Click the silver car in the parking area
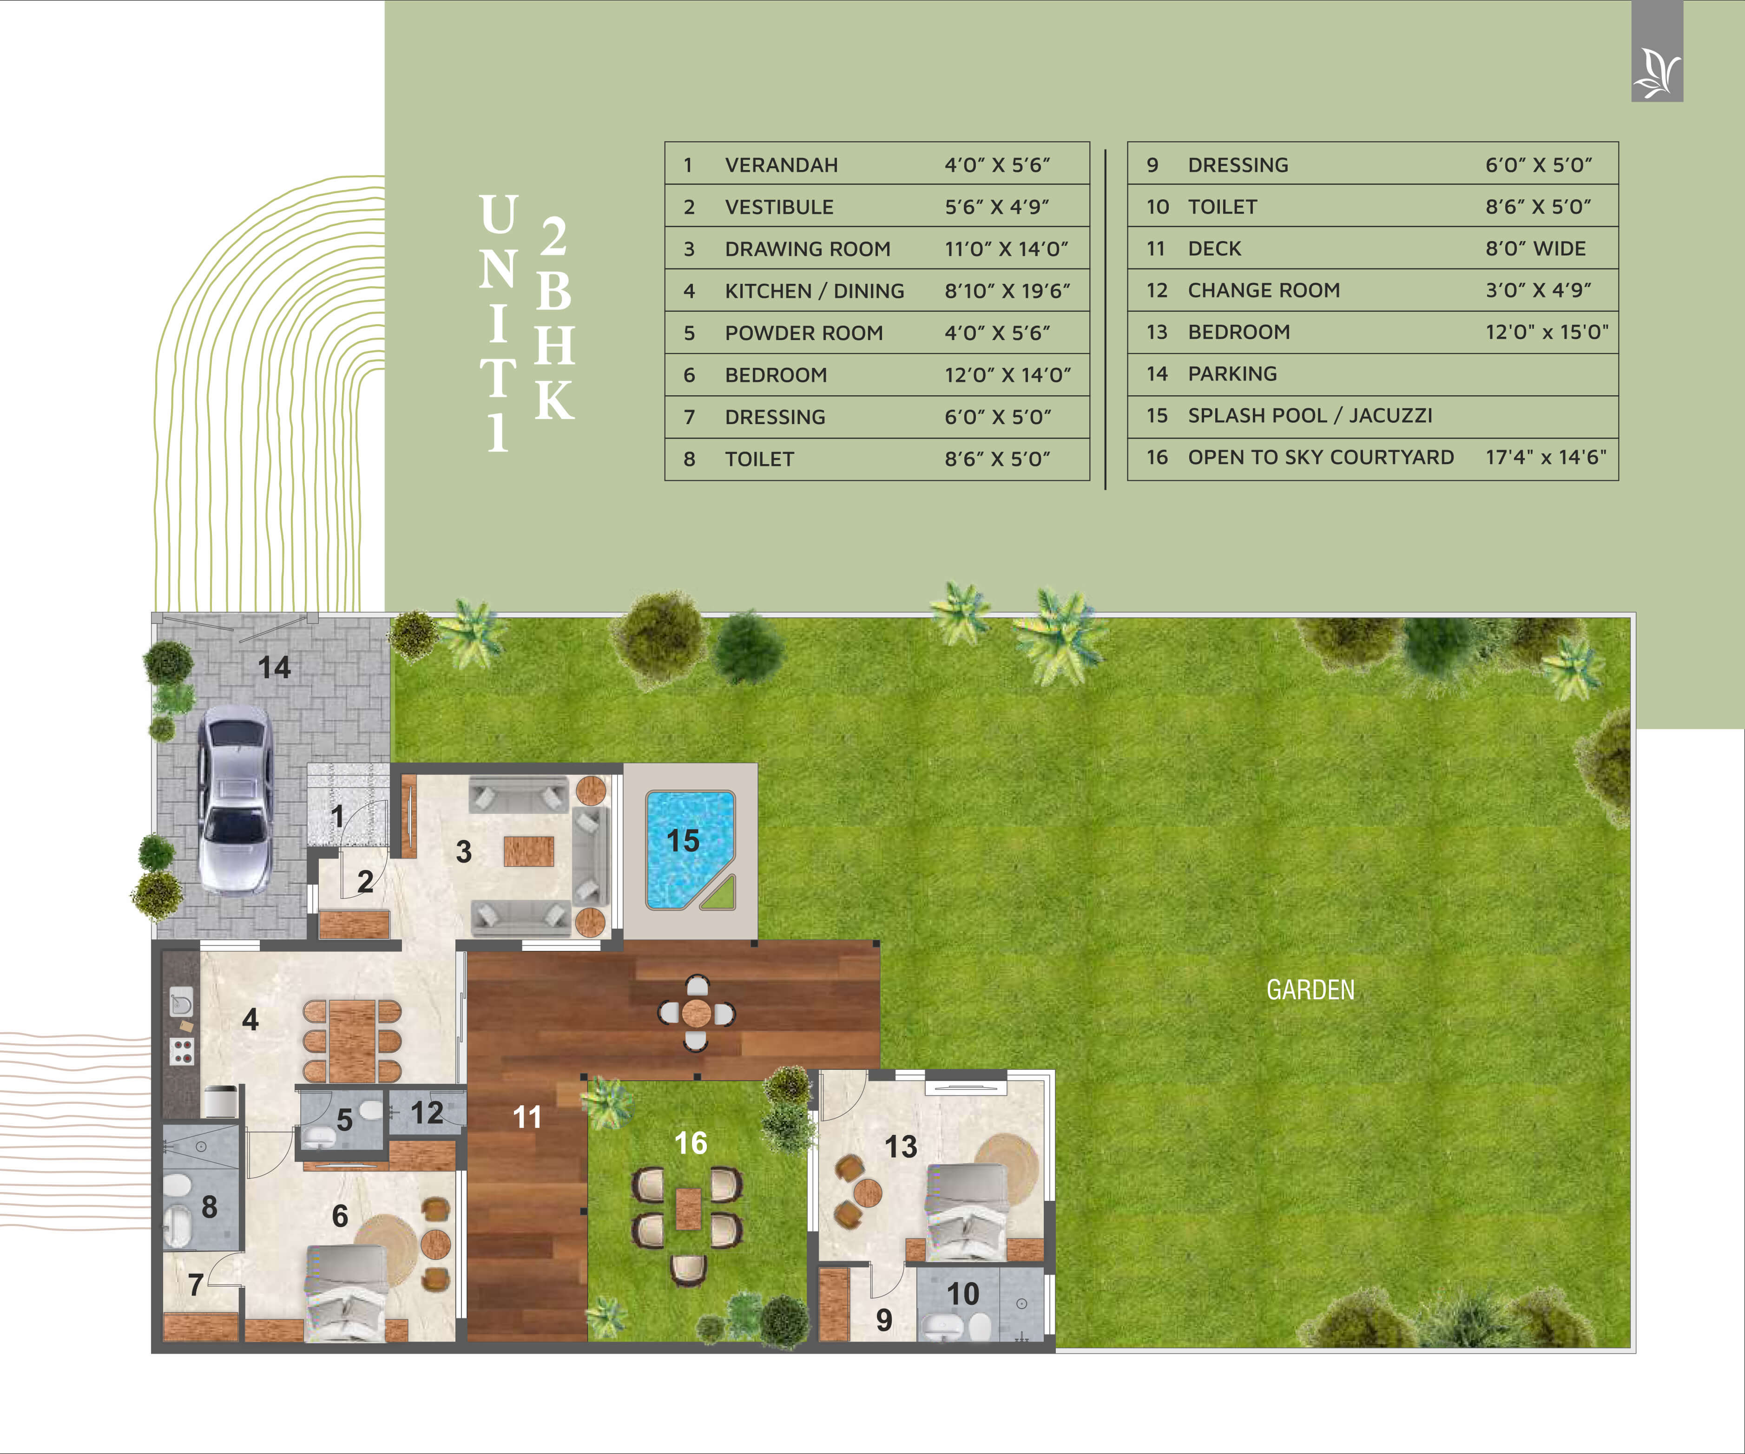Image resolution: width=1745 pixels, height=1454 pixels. click(x=235, y=799)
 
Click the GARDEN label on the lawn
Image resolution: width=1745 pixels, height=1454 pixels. click(x=1310, y=989)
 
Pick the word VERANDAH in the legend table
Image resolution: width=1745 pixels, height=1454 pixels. click(x=781, y=165)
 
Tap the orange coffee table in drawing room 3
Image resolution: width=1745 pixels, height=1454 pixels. click(x=528, y=851)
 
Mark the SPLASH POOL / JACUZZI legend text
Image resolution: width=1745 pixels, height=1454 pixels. click(x=1310, y=415)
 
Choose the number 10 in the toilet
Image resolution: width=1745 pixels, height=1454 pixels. click(x=963, y=1294)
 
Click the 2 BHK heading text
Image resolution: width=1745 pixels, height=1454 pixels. click(x=554, y=318)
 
